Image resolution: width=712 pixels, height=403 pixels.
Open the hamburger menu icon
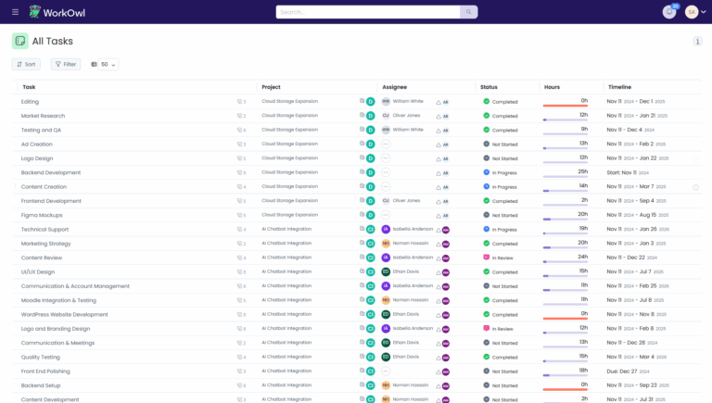pos(15,12)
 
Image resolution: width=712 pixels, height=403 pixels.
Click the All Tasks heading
pos(52,41)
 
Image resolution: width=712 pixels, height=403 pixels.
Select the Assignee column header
pos(394,87)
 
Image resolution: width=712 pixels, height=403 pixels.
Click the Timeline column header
pos(619,87)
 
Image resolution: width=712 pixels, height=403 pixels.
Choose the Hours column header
pos(553,87)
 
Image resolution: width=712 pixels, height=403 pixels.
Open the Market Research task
pos(43,116)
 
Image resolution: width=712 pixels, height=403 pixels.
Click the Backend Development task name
pos(51,172)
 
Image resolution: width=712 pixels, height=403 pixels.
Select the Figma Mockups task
pos(43,215)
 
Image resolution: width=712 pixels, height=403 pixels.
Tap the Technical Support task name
pos(45,229)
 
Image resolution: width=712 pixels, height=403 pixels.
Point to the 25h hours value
pos(582,171)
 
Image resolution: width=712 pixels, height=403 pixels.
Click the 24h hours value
pos(582,257)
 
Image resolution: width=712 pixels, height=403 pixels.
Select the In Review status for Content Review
pos(503,258)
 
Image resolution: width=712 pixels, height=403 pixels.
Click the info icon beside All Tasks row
pos(697,41)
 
